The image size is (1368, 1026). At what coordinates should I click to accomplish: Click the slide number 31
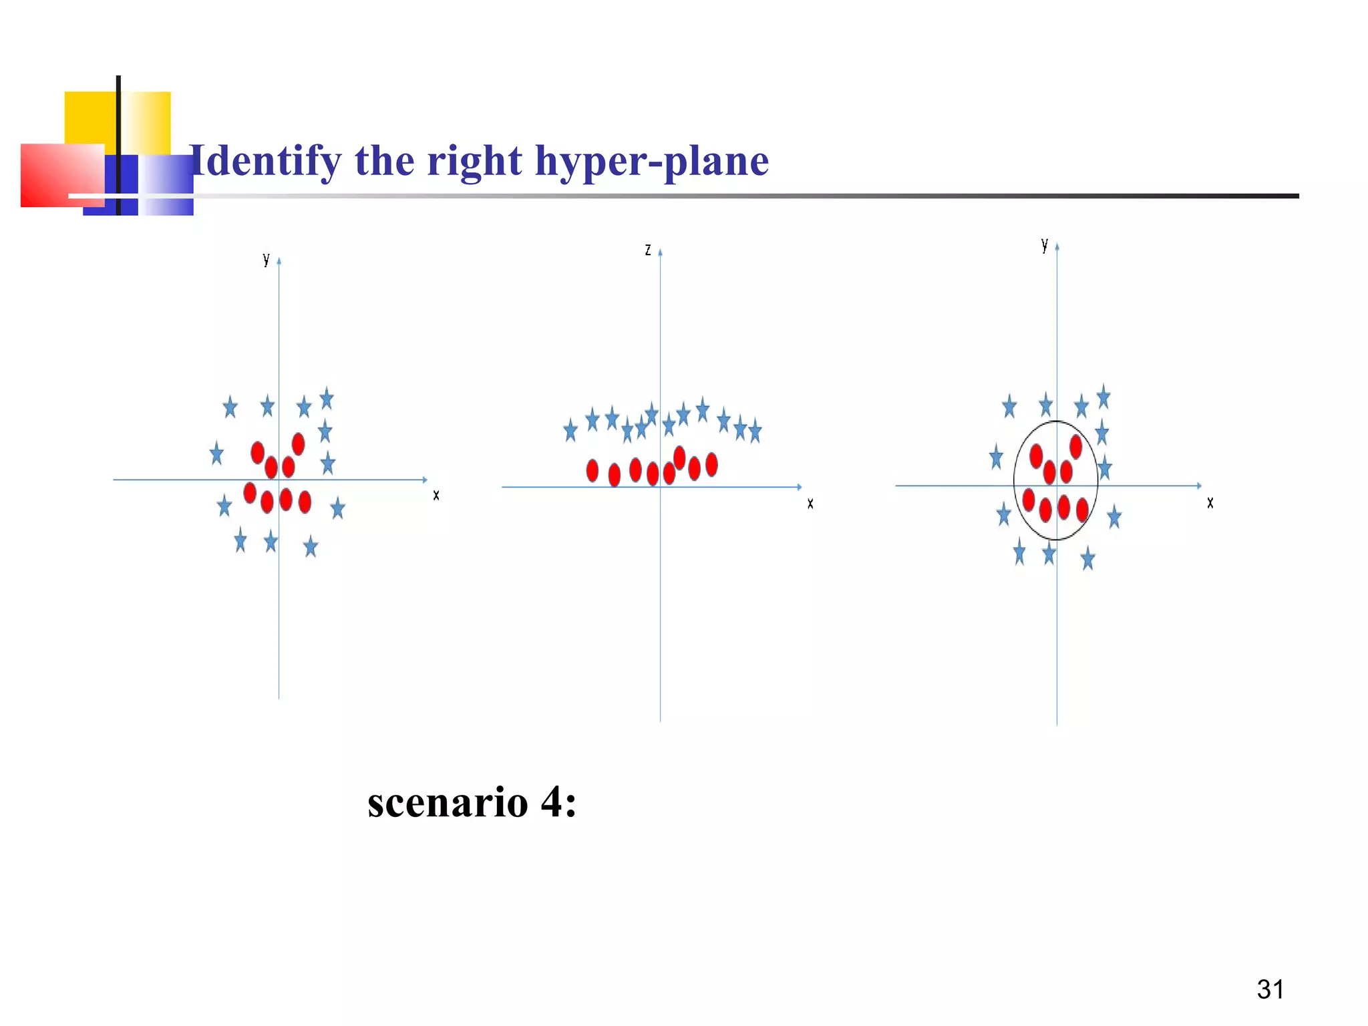(1270, 989)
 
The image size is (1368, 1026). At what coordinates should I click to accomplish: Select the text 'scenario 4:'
(472, 802)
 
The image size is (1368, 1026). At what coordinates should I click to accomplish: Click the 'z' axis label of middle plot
(647, 250)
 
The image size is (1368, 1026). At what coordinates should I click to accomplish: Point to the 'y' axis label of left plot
(266, 259)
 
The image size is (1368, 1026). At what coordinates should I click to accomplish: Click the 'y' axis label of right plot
(1044, 245)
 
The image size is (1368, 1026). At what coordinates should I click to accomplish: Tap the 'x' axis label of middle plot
(810, 504)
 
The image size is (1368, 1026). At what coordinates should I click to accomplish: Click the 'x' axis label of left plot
(436, 495)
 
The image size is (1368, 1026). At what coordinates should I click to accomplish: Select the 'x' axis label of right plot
(1210, 503)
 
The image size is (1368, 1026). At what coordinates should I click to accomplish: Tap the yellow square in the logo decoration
(90, 117)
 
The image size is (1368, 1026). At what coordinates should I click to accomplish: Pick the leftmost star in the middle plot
(570, 430)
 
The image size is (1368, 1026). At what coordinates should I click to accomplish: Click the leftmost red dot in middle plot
(592, 470)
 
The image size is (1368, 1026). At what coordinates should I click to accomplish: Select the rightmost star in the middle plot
(755, 431)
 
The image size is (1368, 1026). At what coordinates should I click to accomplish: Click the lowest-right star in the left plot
(311, 547)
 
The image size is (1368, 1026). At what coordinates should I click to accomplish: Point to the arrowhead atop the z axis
(660, 252)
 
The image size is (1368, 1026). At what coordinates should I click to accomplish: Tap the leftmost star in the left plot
(216, 454)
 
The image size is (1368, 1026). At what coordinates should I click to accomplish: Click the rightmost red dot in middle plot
(711, 464)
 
